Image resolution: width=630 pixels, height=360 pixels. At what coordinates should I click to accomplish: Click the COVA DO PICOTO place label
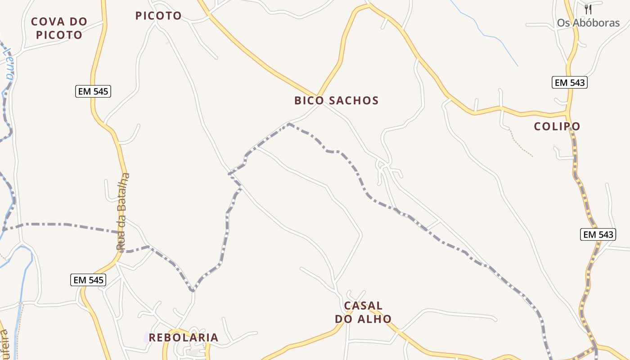click(59, 28)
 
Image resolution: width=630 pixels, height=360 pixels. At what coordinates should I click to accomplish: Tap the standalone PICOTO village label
click(158, 16)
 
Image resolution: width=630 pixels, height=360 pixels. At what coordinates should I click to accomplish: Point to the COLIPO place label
click(557, 126)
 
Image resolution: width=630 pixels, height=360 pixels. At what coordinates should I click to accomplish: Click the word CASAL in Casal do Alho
click(363, 306)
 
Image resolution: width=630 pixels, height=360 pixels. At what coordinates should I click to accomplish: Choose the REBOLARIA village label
click(184, 337)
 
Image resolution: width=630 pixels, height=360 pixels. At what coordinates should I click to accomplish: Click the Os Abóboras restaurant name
click(588, 23)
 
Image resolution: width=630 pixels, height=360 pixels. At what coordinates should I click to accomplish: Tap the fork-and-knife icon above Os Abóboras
click(588, 9)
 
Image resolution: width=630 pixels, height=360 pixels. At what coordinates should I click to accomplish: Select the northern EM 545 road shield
click(93, 91)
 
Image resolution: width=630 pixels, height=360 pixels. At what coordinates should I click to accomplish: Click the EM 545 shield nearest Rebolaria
click(89, 280)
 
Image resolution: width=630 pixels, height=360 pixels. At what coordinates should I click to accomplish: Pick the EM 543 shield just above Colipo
click(570, 82)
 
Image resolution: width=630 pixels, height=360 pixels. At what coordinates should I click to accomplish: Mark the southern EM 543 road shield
click(598, 234)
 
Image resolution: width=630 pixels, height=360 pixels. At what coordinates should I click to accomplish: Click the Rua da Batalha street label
click(123, 211)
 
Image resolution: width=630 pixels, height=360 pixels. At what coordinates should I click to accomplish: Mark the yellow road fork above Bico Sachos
click(319, 95)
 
